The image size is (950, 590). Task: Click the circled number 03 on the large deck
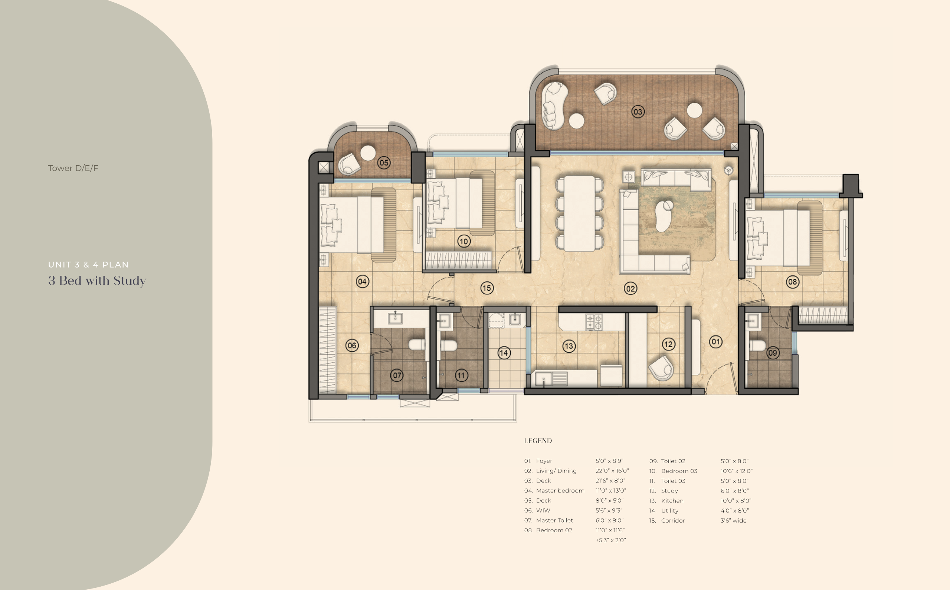638,112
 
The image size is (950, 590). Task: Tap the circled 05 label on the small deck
384,163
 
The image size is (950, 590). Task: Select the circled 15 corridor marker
487,288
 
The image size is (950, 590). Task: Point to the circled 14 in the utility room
504,353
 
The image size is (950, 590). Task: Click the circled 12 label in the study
668,344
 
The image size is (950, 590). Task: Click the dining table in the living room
580,214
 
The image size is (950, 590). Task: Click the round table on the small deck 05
368,153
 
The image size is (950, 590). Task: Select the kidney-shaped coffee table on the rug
664,216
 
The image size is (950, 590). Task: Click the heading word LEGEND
538,441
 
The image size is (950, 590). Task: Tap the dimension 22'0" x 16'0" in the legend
612,471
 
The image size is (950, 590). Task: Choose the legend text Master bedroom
560,491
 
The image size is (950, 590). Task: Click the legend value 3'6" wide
734,521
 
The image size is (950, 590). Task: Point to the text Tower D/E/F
73,168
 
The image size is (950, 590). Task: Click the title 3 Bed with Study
97,281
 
